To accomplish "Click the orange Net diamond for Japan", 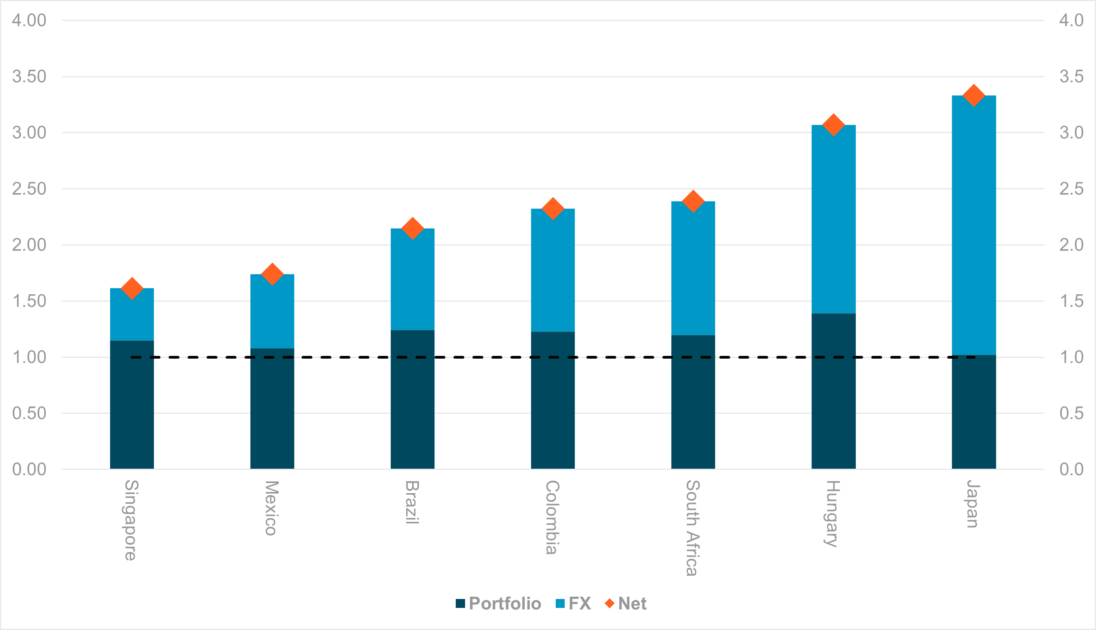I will pyautogui.click(x=974, y=96).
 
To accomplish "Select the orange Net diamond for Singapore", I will pyautogui.click(x=132, y=288).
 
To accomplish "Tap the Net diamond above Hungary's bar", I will pyautogui.click(x=834, y=125).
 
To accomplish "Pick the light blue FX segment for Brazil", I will pyautogui.click(x=412, y=279).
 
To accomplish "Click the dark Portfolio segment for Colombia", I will pyautogui.click(x=553, y=400).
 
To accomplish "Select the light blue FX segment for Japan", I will pyautogui.click(x=974, y=225).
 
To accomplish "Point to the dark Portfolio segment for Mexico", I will pyautogui.click(x=272, y=409).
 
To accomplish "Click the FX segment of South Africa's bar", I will pyautogui.click(x=693, y=268).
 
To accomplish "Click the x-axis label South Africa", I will pyautogui.click(x=693, y=528).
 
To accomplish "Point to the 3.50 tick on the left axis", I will pyautogui.click(x=29, y=77).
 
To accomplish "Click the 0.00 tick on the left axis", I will pyautogui.click(x=29, y=469).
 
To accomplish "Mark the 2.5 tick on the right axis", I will pyautogui.click(x=1071, y=189).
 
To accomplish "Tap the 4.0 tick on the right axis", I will pyautogui.click(x=1071, y=20).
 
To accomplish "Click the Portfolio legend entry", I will pyautogui.click(x=498, y=604).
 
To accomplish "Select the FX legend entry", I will pyautogui.click(x=574, y=604).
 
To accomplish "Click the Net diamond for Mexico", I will pyautogui.click(x=272, y=274).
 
